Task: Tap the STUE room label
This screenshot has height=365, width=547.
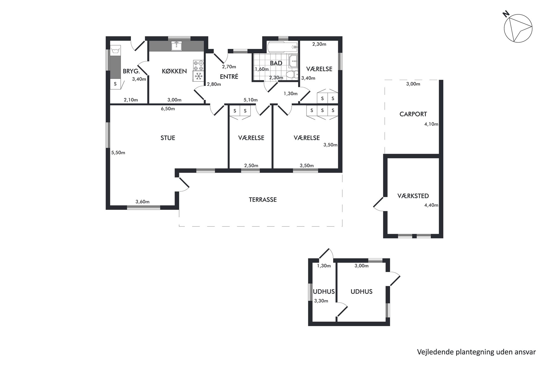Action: point(168,138)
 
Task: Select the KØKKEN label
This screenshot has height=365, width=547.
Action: point(174,71)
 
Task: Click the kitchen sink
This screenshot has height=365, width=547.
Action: point(176,46)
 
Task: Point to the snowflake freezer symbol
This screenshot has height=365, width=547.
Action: point(198,76)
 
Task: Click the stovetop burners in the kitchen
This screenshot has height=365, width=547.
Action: point(198,66)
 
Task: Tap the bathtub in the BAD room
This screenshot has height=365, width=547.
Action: point(283,47)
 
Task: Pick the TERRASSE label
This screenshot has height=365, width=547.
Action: point(263,199)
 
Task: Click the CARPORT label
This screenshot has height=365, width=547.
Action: point(413,114)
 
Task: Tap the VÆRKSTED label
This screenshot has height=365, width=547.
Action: point(413,196)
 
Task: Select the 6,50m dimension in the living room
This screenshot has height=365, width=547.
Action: point(168,109)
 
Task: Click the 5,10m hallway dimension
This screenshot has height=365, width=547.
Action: point(250,100)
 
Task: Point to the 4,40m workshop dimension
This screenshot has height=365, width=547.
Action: point(431,205)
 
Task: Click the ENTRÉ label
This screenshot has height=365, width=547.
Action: point(229,77)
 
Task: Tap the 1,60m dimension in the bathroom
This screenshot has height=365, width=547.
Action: point(262,69)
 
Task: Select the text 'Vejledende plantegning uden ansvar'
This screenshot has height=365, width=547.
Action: point(476,352)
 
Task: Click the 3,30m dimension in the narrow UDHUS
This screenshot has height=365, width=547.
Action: point(321,301)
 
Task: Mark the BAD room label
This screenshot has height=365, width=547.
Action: point(276,63)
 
